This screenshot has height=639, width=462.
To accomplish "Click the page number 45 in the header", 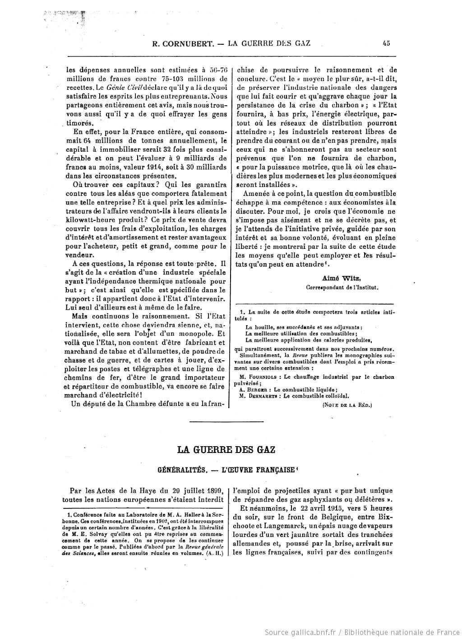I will pos(386,43).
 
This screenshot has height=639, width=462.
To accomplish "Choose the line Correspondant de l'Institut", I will pos(342,287).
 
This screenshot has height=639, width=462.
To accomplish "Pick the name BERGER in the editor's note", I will pos(257,389).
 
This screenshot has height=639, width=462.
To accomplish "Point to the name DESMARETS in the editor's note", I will pos(262,396).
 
